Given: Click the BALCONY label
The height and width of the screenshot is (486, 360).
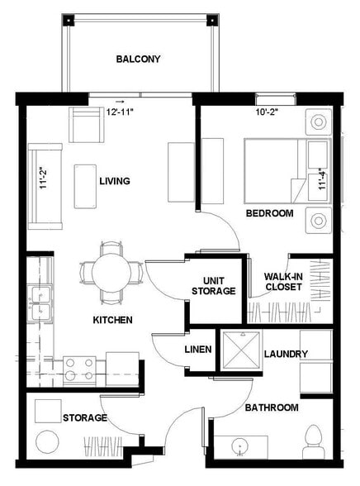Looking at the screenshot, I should point(138,60).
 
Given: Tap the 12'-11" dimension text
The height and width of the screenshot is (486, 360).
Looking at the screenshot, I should point(121,111).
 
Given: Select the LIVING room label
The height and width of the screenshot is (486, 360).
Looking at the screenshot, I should point(115,181).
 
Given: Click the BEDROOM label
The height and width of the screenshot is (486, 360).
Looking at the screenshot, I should point(269,213).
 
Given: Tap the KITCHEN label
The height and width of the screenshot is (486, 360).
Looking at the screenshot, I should point(113,319).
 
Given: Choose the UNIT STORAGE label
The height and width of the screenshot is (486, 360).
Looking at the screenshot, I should point(213,285).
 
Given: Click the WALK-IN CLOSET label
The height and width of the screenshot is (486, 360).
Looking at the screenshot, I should point(282,282).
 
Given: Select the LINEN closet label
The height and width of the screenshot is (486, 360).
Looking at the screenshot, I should point(198,350).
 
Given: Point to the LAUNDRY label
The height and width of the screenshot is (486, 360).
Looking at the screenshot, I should point(286,355).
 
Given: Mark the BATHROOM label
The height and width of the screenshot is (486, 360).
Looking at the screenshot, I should point(271,407).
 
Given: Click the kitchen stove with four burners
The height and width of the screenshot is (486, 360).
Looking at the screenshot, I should point(79,369).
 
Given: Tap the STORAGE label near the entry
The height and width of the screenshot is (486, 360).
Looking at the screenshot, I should point(85,418).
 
